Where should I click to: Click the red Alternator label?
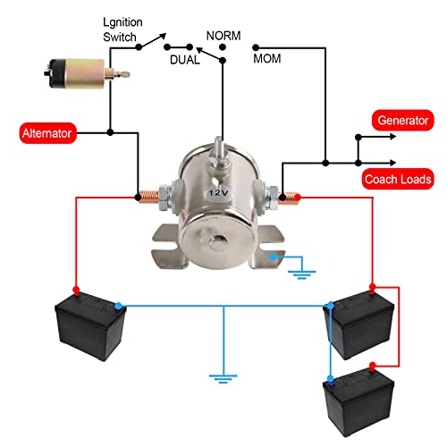click(51, 133)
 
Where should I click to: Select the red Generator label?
click(403, 120)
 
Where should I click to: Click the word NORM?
click(223, 36)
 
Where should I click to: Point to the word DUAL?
click(186, 59)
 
